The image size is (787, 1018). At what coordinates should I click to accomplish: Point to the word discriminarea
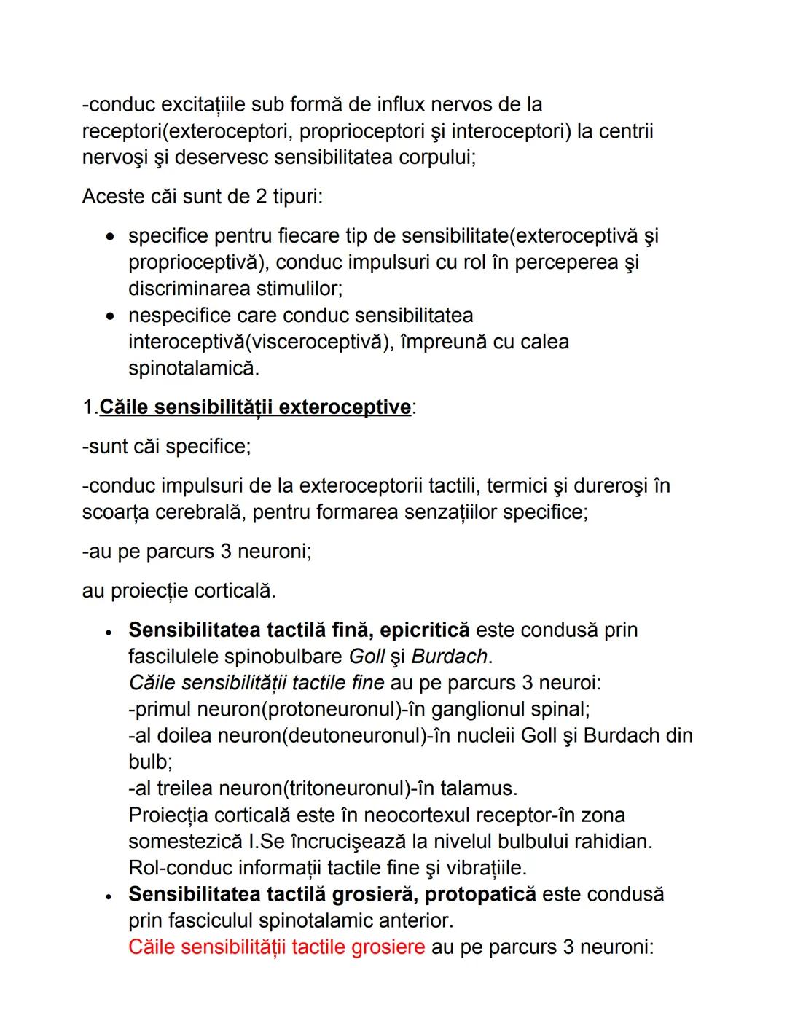[189, 289]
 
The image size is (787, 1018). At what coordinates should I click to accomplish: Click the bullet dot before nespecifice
[110, 316]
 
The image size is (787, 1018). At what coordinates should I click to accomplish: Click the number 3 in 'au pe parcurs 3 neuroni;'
[227, 552]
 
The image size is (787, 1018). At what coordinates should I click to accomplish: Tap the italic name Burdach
[449, 657]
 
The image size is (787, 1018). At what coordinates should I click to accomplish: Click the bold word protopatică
[479, 894]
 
